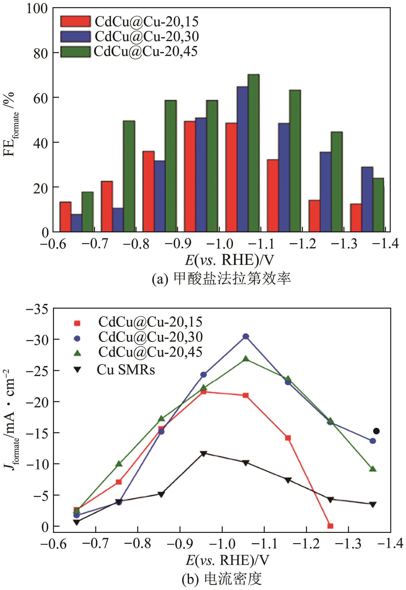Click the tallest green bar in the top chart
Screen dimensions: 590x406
tap(253, 153)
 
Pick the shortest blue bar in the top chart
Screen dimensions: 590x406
tap(76, 223)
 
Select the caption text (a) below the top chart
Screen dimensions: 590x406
tap(221, 279)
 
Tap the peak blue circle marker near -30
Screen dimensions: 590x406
tap(245, 337)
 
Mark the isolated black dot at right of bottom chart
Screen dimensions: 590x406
tap(376, 431)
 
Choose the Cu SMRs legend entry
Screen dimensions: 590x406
tap(126, 370)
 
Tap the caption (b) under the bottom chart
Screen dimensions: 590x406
tap(221, 578)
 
